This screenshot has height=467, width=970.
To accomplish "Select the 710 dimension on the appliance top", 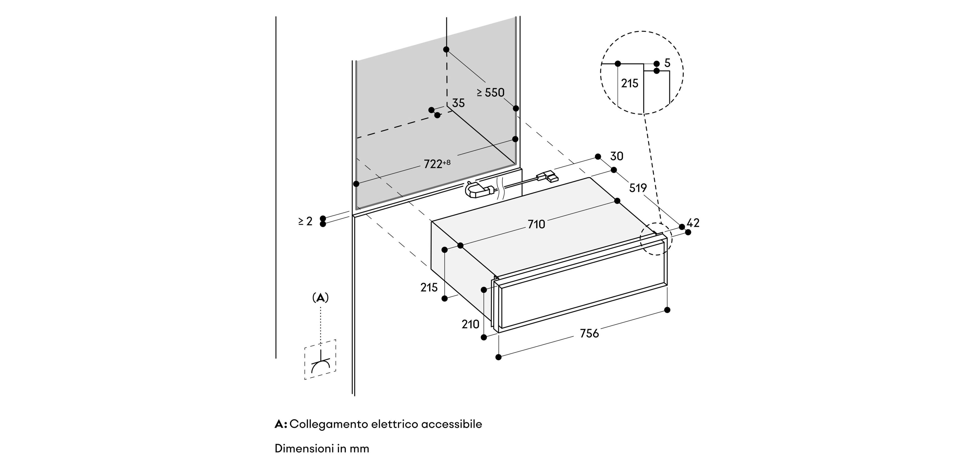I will pyautogui.click(x=536, y=224).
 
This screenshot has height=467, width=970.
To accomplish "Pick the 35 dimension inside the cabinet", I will pyautogui.click(x=458, y=103).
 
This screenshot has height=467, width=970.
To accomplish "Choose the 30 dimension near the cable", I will pyautogui.click(x=616, y=156).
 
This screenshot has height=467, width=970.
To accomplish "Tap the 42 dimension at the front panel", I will pyautogui.click(x=693, y=223).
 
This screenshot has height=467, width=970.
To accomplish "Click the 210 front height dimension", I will pyautogui.click(x=470, y=324).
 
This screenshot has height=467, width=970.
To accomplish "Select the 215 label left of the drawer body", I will pyautogui.click(x=429, y=287).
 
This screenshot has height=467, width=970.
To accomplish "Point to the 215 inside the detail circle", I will pyautogui.click(x=629, y=83).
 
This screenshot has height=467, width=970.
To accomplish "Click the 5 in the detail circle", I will pyautogui.click(x=667, y=63).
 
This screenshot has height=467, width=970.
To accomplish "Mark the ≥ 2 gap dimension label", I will pyautogui.click(x=305, y=221).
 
